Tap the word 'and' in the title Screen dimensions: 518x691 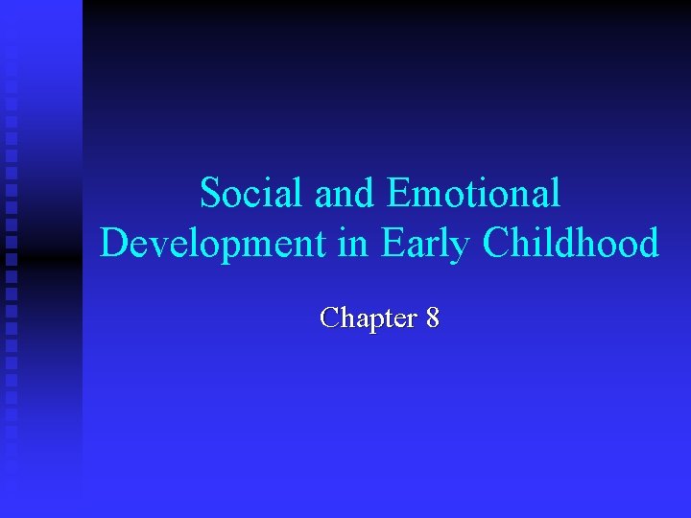(x=336, y=195)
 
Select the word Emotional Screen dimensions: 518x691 (x=473, y=195)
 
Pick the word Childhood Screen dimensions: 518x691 (x=571, y=245)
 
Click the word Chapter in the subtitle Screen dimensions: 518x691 (x=367, y=318)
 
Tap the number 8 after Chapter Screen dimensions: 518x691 (x=433, y=318)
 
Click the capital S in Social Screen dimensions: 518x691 (x=210, y=195)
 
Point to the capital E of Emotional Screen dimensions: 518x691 (x=398, y=195)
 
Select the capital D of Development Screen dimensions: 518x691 (x=114, y=245)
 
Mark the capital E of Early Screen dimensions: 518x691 (x=393, y=245)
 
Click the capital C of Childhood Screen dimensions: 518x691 (x=497, y=245)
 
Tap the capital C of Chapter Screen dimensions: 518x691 (x=330, y=318)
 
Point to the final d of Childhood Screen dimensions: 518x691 (x=648, y=245)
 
